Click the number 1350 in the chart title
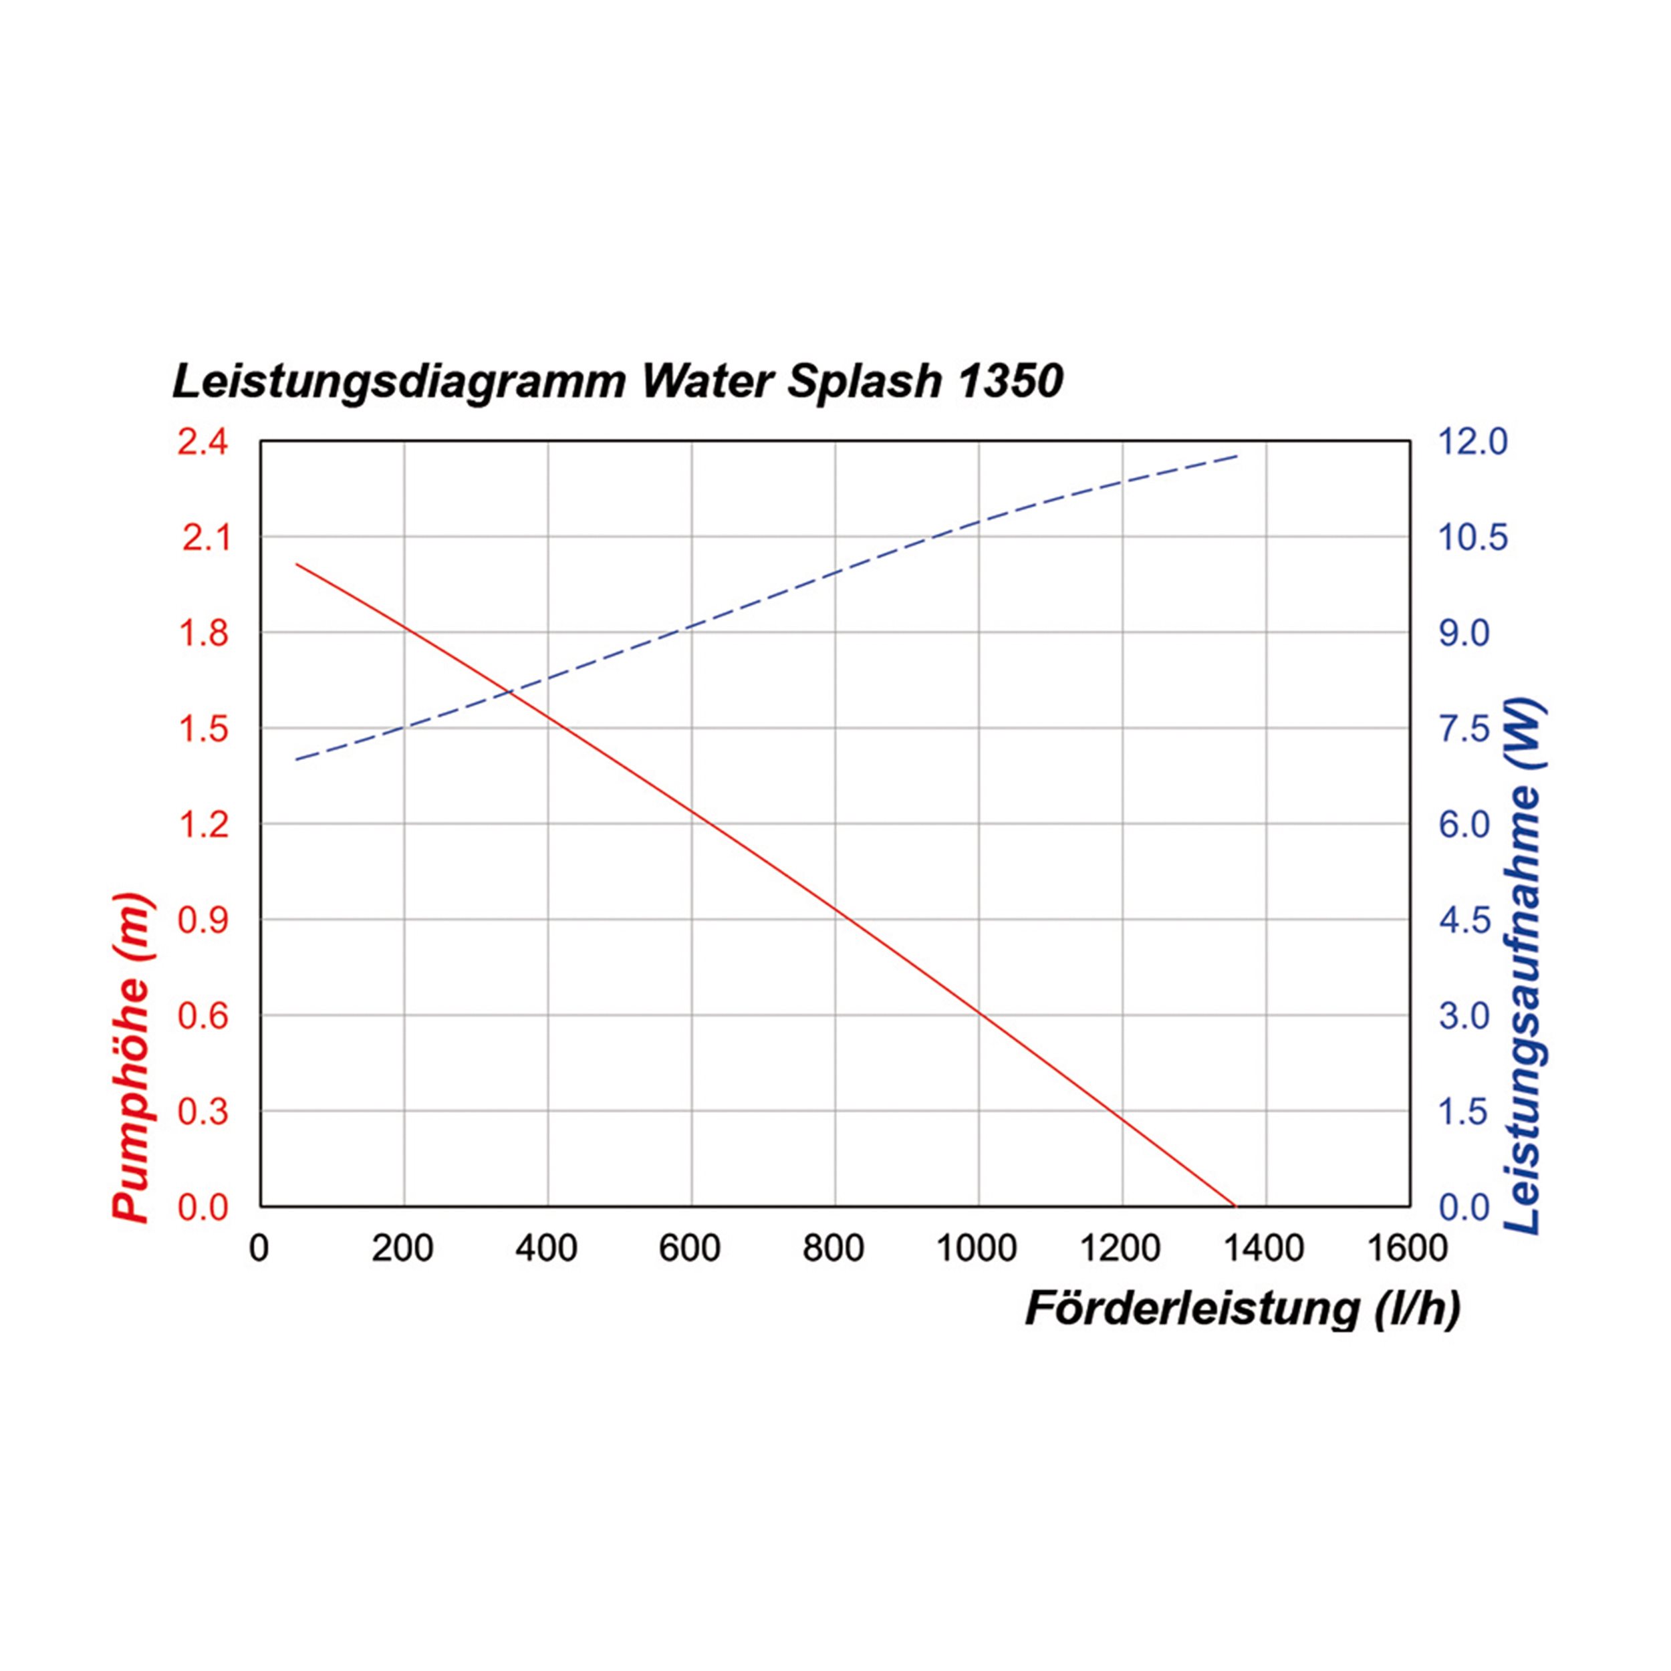coord(1010,382)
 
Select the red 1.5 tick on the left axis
coord(203,729)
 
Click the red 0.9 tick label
coord(203,920)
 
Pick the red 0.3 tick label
coord(203,1112)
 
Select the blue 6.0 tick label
coord(1464,824)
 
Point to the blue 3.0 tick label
coord(1464,1015)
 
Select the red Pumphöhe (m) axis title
coord(132,1059)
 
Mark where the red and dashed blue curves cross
coord(510,692)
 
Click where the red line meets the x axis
coord(1235,1205)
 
